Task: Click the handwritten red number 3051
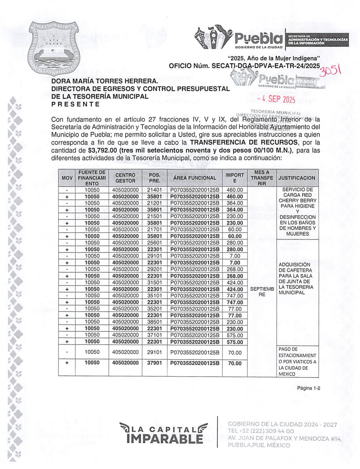(x=330, y=70)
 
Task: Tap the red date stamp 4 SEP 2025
(x=276, y=99)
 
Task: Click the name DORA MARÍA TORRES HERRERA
(x=104, y=81)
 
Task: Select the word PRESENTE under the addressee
(x=76, y=104)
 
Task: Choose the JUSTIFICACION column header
(x=297, y=178)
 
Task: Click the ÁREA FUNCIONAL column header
(x=194, y=178)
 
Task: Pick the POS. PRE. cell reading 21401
(x=154, y=190)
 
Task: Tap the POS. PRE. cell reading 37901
(x=154, y=363)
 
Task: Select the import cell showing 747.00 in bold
(x=235, y=302)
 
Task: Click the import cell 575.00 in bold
(x=235, y=342)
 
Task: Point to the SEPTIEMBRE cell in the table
(x=262, y=292)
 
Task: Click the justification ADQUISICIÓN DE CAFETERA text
(x=295, y=279)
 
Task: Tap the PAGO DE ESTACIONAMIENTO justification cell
(x=297, y=361)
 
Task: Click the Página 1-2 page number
(x=309, y=388)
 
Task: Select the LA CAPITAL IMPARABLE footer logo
(x=164, y=433)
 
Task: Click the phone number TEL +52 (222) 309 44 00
(x=261, y=431)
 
